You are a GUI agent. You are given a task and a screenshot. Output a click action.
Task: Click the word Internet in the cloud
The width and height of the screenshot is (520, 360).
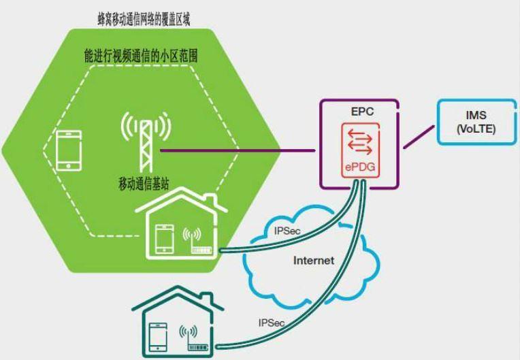(314, 260)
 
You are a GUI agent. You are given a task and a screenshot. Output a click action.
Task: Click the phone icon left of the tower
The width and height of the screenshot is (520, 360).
(68, 150)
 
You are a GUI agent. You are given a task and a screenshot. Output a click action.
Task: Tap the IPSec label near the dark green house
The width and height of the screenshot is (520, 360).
(272, 322)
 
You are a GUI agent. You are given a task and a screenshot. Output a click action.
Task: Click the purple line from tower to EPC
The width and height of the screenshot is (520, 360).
(238, 150)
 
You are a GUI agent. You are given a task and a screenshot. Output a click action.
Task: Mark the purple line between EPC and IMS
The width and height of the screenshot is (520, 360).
(417, 137)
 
